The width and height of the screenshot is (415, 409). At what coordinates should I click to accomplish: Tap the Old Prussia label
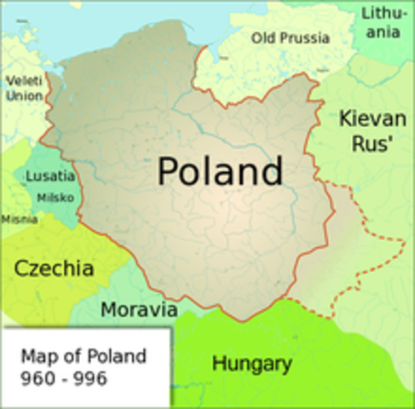point(291,37)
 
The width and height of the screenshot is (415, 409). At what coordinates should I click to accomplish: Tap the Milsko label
point(55,198)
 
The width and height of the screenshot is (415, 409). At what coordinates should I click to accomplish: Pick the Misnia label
point(19,219)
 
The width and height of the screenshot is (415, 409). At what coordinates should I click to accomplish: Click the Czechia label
point(53,268)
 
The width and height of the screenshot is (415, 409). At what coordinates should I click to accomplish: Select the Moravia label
point(139,308)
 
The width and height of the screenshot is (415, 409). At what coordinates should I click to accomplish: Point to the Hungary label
point(251,365)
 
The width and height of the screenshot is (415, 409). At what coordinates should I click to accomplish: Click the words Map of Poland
point(83,355)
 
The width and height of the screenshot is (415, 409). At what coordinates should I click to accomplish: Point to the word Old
point(264,37)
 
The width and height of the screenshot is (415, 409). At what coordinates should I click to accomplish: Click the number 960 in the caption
point(35,377)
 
